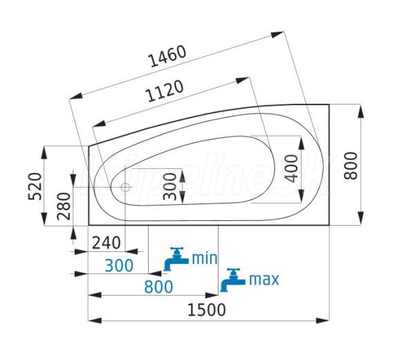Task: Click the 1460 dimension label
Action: point(168,57)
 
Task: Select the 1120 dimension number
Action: point(165,91)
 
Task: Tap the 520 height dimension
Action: point(35,186)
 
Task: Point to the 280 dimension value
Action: point(64,206)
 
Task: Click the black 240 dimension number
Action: point(107,242)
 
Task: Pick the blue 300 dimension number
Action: point(119,266)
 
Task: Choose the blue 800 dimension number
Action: point(158,287)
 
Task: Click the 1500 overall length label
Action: point(207,310)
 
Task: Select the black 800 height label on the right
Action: point(351,166)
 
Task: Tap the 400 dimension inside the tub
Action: point(291,168)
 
